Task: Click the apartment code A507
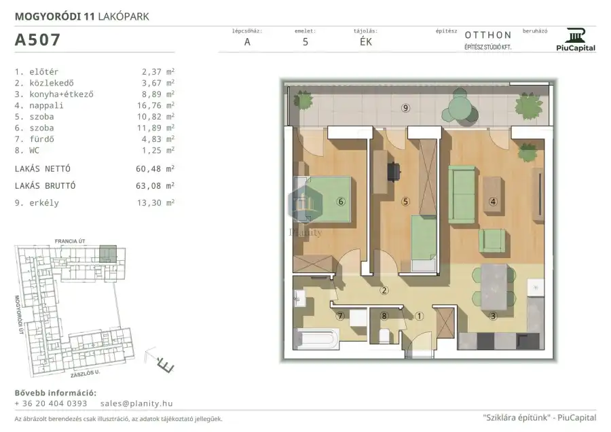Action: pyautogui.click(x=37, y=40)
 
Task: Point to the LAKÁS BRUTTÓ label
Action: pyautogui.click(x=45, y=185)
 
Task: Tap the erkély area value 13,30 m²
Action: pyautogui.click(x=155, y=202)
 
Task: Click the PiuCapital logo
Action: pyautogui.click(x=576, y=40)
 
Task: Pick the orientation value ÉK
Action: pyautogui.click(x=366, y=41)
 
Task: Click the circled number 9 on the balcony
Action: pyautogui.click(x=406, y=108)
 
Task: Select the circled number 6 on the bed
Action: pyautogui.click(x=341, y=202)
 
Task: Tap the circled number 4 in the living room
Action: pyautogui.click(x=493, y=202)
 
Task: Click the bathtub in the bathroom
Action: pyautogui.click(x=316, y=338)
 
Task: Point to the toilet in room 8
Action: pyautogui.click(x=384, y=336)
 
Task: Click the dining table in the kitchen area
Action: pyautogui.click(x=494, y=287)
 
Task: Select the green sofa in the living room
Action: pyautogui.click(x=462, y=194)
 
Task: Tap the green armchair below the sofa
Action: pyautogui.click(x=492, y=240)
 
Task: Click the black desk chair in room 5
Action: pyautogui.click(x=394, y=172)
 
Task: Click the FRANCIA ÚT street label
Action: pyautogui.click(x=70, y=241)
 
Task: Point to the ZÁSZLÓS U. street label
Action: pyautogui.click(x=86, y=374)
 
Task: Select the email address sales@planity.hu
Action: pyautogui.click(x=136, y=403)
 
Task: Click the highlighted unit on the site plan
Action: pyautogui.click(x=108, y=254)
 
